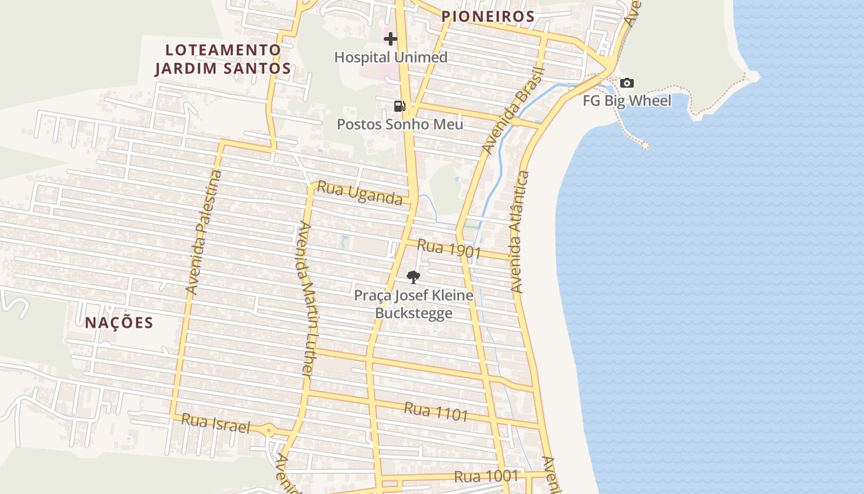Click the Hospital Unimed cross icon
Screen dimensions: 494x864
click(390, 40)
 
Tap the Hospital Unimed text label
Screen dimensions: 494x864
click(391, 57)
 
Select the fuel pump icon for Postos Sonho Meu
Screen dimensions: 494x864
click(399, 106)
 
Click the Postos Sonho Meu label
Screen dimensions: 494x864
click(400, 124)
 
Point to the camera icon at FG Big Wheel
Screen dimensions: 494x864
click(627, 83)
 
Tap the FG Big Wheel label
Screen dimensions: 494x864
click(627, 101)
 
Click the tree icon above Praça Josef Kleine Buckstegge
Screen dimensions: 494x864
click(413, 277)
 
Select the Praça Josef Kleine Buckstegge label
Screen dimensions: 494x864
click(413, 304)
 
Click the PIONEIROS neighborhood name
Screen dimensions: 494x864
click(488, 17)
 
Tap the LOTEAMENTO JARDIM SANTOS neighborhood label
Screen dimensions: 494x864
click(222, 59)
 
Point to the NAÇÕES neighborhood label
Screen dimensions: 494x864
click(119, 322)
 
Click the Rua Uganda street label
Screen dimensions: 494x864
click(360, 194)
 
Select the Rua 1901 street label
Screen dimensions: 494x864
click(449, 249)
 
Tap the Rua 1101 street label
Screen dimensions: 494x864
click(436, 411)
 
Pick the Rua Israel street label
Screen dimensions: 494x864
click(215, 423)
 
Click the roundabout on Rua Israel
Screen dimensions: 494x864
click(268, 430)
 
